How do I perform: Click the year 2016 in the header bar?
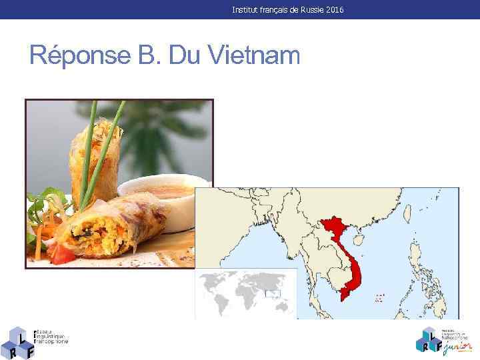click(x=335, y=10)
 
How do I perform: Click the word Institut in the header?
click(x=245, y=10)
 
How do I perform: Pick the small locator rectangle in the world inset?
click(x=273, y=294)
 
